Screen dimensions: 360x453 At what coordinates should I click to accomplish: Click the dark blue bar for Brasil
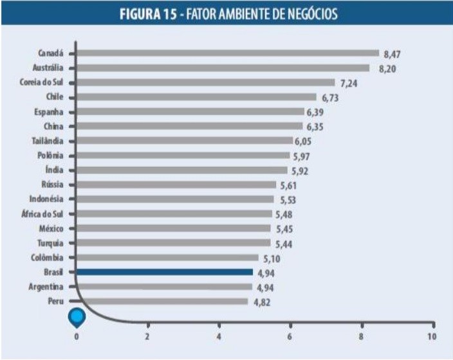pyautogui.click(x=164, y=272)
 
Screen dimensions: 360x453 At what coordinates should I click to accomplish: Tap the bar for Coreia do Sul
pyautogui.click(x=205, y=82)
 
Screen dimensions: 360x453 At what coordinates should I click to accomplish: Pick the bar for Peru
pyautogui.click(x=162, y=301)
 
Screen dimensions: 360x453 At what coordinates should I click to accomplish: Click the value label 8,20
pyautogui.click(x=387, y=69)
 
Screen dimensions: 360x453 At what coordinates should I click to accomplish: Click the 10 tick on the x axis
pyautogui.click(x=432, y=336)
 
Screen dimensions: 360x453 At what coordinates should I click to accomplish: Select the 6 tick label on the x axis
pyautogui.click(x=290, y=336)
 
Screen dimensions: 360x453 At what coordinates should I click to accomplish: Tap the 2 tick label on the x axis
pyautogui.click(x=147, y=336)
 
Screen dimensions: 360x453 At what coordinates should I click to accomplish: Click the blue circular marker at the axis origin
pyautogui.click(x=77, y=316)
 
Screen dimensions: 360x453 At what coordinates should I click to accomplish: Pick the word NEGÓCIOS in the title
pyautogui.click(x=314, y=13)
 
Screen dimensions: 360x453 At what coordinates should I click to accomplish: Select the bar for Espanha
pyautogui.click(x=190, y=111)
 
